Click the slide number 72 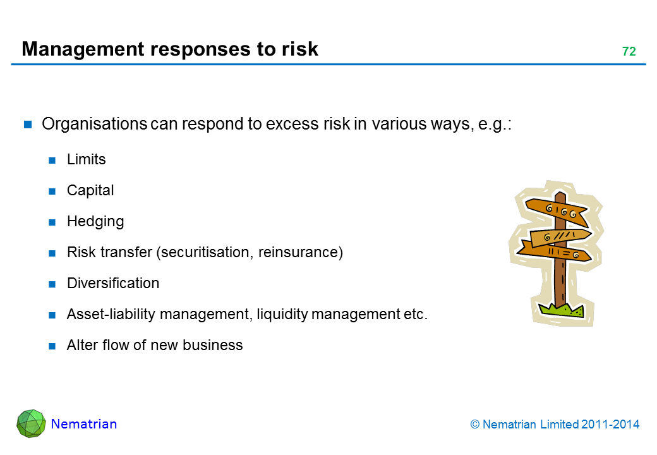coord(629,51)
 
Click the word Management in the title coord(83,50)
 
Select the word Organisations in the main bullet coord(94,124)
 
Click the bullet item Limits coord(87,159)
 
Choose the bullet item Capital coord(90,191)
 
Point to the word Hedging coord(95,222)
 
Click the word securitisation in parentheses coord(205,253)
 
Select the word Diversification coord(113,283)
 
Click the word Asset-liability coord(111,314)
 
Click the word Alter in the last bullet coord(82,345)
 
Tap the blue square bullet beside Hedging coord(52,222)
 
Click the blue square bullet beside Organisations coord(28,124)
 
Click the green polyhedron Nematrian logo coord(32,423)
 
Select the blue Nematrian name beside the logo coord(84,424)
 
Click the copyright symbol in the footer coord(474,425)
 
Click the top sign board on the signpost coord(557,210)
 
